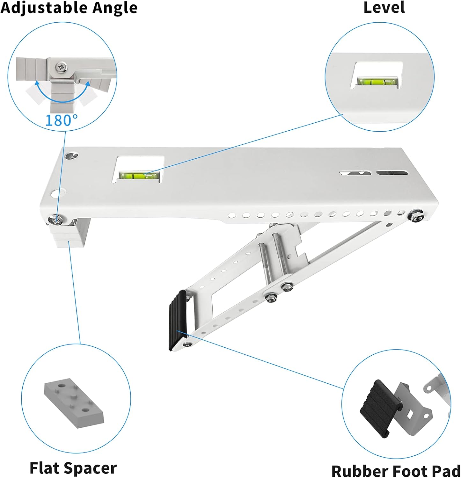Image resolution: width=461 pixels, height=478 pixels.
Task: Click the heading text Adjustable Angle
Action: tap(69, 8)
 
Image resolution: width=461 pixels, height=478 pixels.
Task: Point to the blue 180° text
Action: tap(62, 120)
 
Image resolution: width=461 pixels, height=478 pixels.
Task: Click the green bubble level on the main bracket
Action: tap(139, 175)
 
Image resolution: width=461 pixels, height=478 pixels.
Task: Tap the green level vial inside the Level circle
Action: tap(377, 82)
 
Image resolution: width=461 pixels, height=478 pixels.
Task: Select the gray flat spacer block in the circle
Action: tap(74, 402)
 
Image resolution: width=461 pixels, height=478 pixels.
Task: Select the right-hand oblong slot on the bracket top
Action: tap(392, 173)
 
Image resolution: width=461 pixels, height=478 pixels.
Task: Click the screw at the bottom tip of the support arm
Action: tap(187, 344)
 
